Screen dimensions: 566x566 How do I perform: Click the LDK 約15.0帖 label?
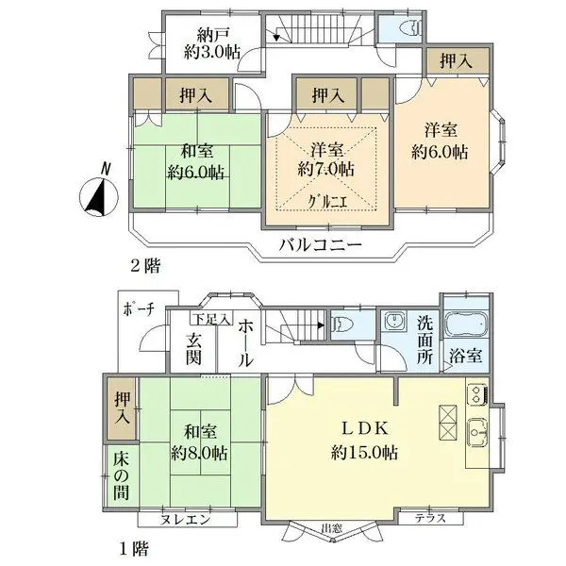pyautogui.click(x=363, y=439)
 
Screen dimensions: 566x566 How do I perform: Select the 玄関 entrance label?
pyautogui.click(x=193, y=348)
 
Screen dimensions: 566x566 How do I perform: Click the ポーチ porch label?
pyautogui.click(x=139, y=308)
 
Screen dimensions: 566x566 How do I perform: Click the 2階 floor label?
pyautogui.click(x=146, y=267)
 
